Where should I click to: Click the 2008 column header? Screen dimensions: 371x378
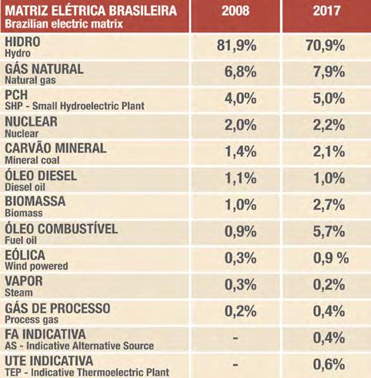(x=236, y=11)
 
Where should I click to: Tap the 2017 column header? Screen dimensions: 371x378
(x=326, y=11)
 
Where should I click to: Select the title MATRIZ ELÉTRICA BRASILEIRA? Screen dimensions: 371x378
(x=91, y=11)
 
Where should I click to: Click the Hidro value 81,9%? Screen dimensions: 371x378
(x=236, y=45)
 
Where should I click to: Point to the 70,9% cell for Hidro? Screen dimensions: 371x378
(x=326, y=45)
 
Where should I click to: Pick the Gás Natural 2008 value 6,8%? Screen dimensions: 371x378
(x=240, y=72)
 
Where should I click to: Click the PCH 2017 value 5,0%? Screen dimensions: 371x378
(x=329, y=99)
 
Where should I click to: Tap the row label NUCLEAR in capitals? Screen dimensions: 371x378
(x=31, y=122)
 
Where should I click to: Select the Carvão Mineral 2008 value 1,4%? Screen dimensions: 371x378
(x=241, y=152)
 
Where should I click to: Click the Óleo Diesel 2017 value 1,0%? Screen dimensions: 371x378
(x=329, y=178)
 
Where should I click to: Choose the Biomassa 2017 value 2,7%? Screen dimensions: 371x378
(x=329, y=205)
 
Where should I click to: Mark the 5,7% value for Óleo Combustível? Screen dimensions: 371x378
(x=329, y=232)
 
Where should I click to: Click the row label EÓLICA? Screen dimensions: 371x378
(x=25, y=255)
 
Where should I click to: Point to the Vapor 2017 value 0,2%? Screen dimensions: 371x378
(x=329, y=285)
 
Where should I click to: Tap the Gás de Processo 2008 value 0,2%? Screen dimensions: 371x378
(x=240, y=311)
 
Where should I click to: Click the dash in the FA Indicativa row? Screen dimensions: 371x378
(x=236, y=338)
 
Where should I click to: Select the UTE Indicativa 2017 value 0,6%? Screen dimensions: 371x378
(x=329, y=364)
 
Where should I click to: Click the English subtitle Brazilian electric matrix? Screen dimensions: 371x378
(x=64, y=24)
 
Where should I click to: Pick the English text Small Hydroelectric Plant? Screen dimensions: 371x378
(x=89, y=106)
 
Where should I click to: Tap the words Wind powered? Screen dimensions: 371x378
(x=36, y=266)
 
